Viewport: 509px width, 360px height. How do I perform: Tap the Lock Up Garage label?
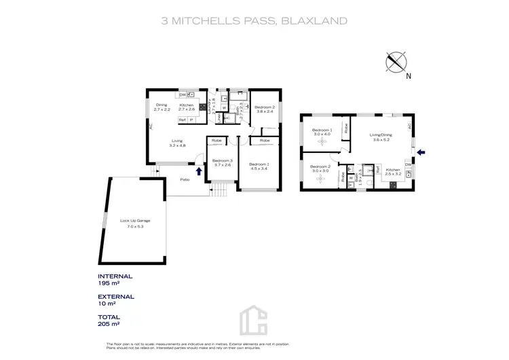click(135, 222)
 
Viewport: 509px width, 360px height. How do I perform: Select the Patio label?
click(184, 180)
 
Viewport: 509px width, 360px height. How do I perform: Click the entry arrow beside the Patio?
click(198, 170)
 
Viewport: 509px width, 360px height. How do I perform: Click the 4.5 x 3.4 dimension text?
click(258, 168)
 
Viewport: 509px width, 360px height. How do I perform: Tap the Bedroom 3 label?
click(222, 160)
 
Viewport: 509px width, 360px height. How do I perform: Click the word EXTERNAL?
click(115, 297)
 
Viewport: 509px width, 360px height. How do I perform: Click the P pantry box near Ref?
click(192, 120)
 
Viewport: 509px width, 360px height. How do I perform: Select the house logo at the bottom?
click(254, 320)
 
